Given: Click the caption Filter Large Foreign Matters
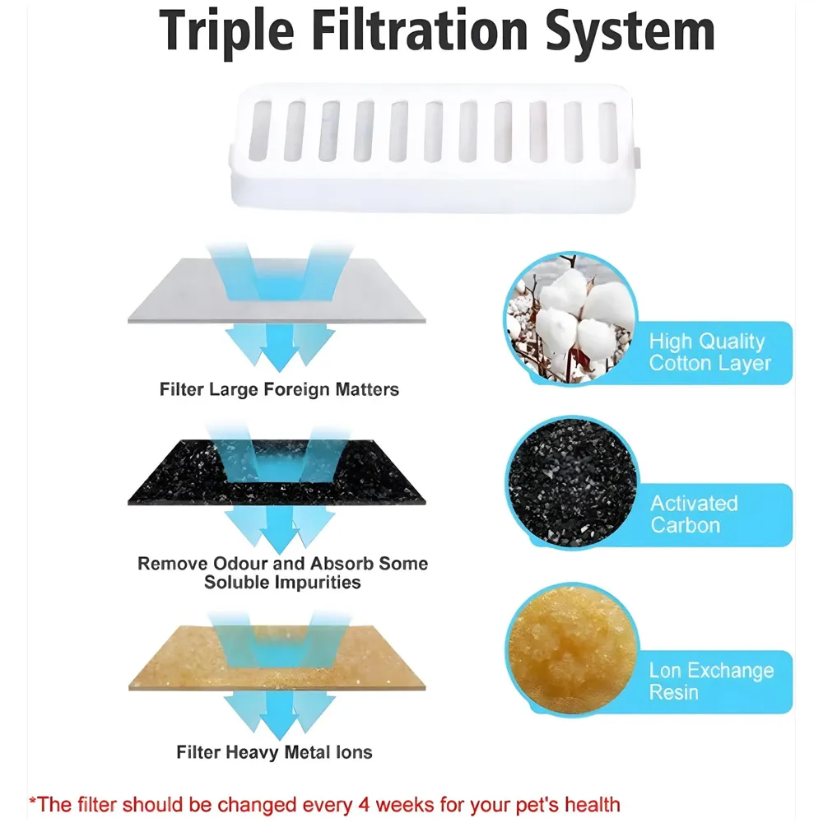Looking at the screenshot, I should click(279, 389).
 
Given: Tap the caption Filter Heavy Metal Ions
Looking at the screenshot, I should click(274, 751).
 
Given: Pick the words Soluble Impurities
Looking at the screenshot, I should click(282, 583).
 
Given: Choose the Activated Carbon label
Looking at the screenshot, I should click(695, 514).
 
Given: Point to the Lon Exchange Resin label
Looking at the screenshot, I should click(711, 681).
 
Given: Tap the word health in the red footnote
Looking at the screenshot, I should click(591, 804).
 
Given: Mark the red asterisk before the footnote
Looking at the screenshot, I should click(33, 801).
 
